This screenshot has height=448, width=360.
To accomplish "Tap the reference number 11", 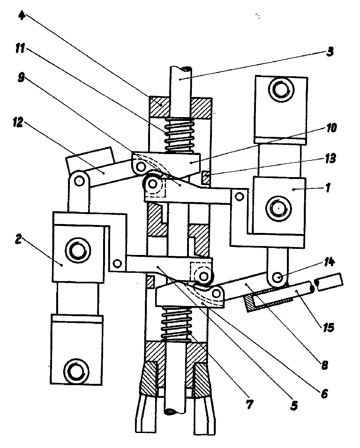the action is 20,48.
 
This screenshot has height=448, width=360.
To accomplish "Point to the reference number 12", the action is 18,122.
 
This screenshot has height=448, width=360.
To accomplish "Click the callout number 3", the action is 330,51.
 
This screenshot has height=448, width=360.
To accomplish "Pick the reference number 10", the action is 332,128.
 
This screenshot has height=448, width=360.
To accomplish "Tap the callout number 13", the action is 330,158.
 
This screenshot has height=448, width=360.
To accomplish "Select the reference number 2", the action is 19,239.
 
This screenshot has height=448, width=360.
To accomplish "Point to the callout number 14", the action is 329,262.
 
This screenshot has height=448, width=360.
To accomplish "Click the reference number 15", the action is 328,327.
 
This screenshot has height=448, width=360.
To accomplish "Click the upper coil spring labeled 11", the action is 179,136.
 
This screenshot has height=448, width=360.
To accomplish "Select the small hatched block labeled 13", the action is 206,177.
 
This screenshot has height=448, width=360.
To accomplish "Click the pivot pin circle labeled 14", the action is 278,277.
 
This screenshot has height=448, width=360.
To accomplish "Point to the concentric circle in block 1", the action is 278,208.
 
